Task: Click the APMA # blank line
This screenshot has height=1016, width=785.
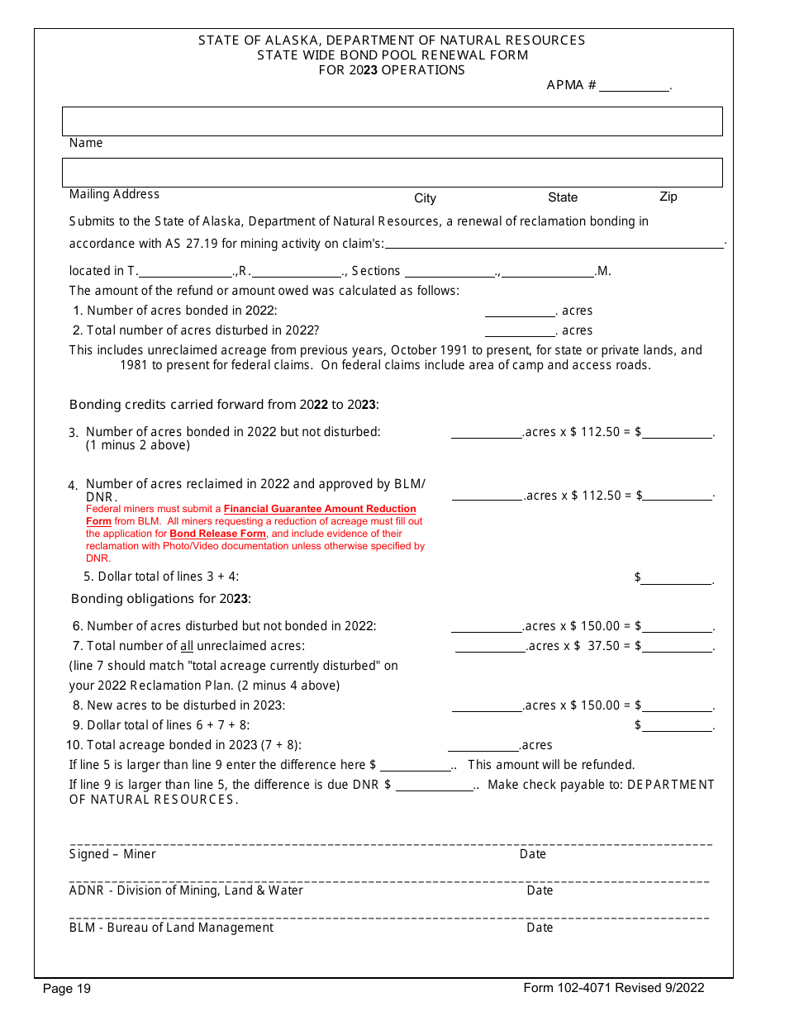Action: click(x=633, y=86)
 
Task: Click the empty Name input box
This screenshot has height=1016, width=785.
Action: click(x=392, y=121)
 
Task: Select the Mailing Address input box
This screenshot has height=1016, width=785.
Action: click(x=392, y=173)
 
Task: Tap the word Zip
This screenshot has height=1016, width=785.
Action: click(x=668, y=197)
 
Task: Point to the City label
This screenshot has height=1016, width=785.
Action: click(x=425, y=198)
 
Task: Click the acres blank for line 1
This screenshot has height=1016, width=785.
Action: click(x=520, y=311)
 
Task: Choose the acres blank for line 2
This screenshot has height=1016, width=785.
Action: click(x=520, y=331)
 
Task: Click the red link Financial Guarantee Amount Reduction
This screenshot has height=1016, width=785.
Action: click(x=320, y=509)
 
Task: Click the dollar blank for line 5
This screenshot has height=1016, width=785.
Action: click(x=677, y=578)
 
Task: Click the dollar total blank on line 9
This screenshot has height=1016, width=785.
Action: click(x=677, y=726)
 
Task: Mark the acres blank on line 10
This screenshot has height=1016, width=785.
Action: click(x=483, y=746)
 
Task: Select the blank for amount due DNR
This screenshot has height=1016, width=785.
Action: click(x=435, y=786)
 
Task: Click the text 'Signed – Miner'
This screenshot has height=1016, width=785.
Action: click(x=112, y=854)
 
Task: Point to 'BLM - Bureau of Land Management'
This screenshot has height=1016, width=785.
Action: click(x=171, y=928)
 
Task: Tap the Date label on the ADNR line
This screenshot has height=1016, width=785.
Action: click(x=540, y=890)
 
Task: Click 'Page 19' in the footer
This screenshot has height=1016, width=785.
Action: click(x=67, y=989)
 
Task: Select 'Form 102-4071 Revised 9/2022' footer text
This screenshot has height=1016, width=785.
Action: click(x=613, y=988)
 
